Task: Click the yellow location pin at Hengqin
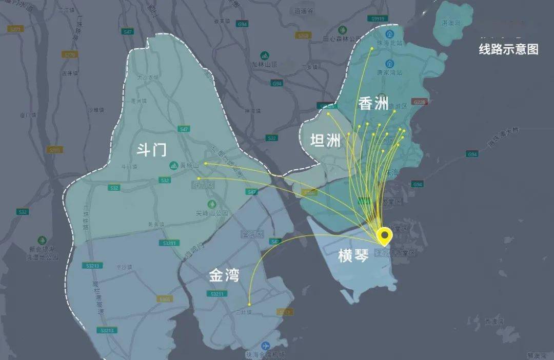point(384,236)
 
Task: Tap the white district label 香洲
point(373,104)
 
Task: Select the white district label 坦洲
point(325,140)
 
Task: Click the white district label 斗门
point(151,150)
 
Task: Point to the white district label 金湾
point(224,276)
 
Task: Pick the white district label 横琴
point(353,256)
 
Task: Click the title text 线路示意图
point(508,49)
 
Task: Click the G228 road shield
point(420,102)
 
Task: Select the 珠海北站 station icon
point(390,33)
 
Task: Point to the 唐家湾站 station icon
point(390,64)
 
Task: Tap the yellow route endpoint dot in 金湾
point(249,304)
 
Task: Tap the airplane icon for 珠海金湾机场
point(265,346)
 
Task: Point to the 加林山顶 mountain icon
point(265,55)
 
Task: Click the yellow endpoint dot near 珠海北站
point(372,49)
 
